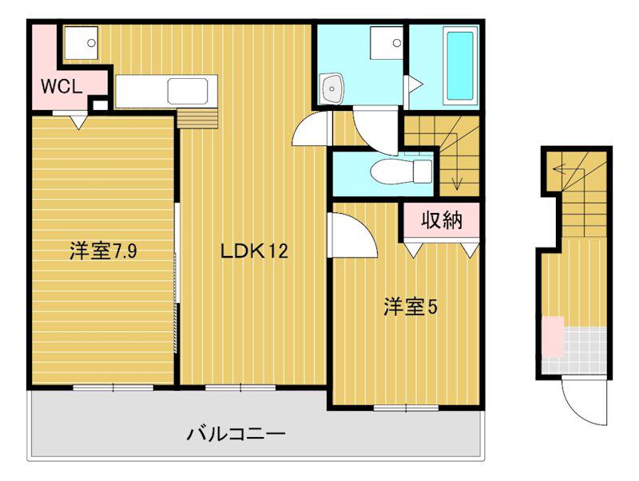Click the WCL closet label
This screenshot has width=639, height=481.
61,87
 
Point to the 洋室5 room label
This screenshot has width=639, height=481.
409,306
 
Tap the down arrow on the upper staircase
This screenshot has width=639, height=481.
456,183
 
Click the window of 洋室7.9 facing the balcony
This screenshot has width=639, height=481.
113,388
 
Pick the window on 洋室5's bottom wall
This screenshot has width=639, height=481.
406,408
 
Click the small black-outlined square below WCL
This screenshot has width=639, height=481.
100,104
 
